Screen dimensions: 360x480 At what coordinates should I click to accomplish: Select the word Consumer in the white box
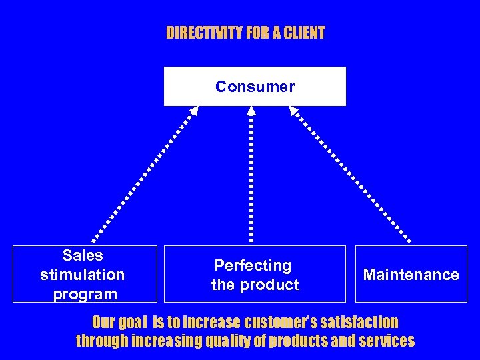point(255,87)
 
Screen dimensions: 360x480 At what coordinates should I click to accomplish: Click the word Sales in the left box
point(83,255)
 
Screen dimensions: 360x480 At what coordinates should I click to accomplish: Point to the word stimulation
point(83,275)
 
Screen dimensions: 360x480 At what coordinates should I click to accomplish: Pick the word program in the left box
point(83,294)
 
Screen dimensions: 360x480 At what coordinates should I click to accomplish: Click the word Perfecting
point(253,266)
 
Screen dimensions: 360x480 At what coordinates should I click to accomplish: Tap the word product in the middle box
point(273,285)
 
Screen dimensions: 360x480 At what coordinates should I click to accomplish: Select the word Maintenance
point(411,275)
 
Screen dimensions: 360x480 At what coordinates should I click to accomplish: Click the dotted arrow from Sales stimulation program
point(143,173)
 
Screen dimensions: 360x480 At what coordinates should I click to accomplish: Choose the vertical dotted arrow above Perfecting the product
point(251,180)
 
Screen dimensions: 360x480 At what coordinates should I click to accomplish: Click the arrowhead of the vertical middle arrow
point(251,112)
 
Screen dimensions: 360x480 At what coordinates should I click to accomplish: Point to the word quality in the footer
point(231,341)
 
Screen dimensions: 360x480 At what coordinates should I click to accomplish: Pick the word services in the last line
point(386,341)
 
